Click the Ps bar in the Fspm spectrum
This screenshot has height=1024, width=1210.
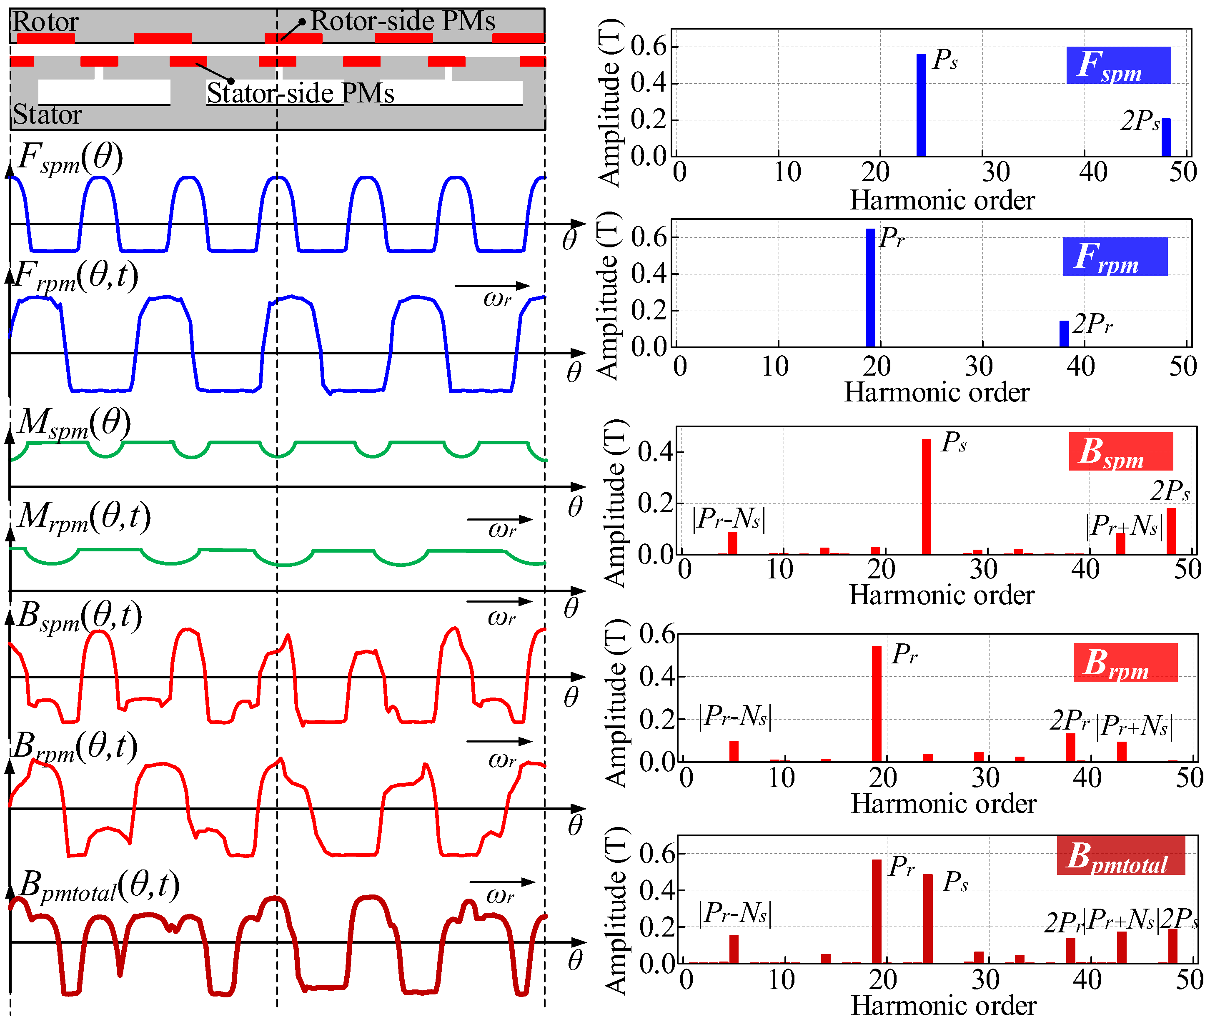921,105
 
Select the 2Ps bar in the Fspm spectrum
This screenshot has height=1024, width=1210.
1166,137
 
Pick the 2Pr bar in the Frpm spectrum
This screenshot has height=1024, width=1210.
1064,334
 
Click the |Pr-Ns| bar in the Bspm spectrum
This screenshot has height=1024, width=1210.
732,543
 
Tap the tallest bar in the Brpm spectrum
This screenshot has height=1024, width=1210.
877,704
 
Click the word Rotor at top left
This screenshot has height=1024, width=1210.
45,22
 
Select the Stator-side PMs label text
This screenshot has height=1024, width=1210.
301,93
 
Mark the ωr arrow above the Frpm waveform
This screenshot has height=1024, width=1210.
492,286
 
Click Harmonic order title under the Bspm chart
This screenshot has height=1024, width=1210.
942,595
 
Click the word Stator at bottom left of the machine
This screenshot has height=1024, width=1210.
47,115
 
